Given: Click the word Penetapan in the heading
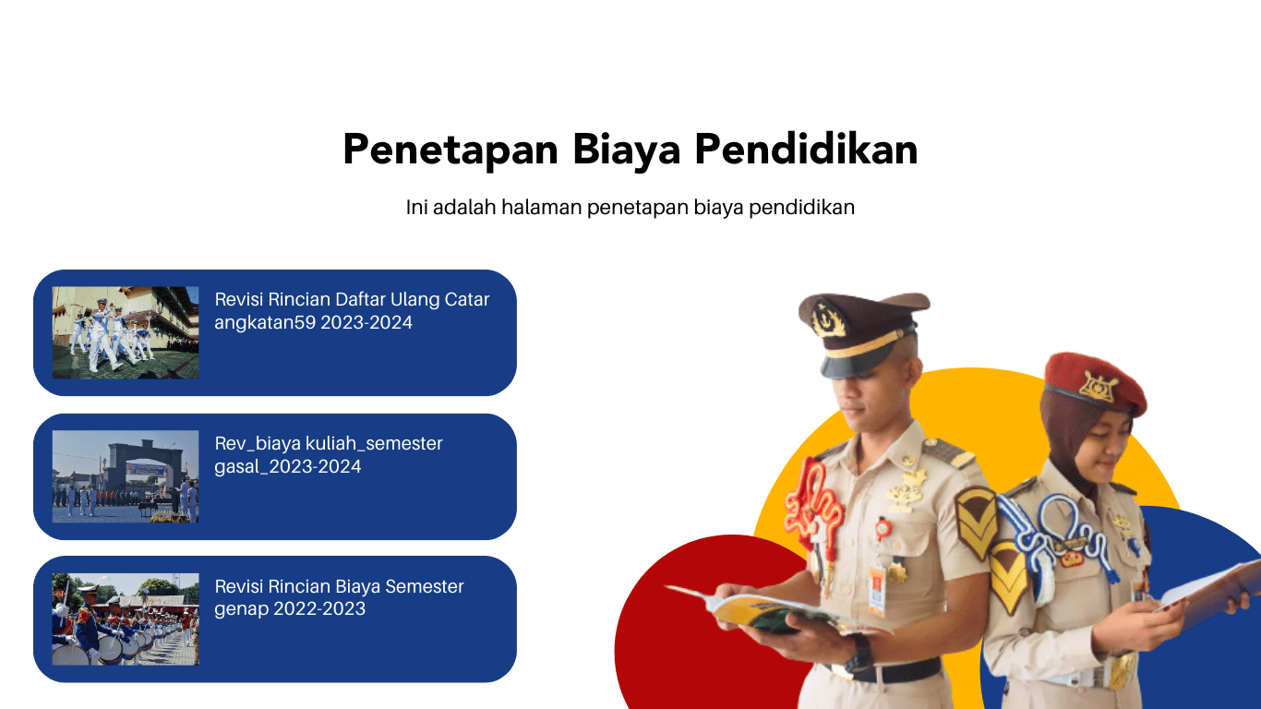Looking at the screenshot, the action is pyautogui.click(x=450, y=150).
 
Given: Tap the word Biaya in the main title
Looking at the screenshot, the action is pyautogui.click(x=627, y=150).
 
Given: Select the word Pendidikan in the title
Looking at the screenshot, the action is pyautogui.click(x=806, y=149).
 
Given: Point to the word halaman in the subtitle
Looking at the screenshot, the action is pyautogui.click(x=541, y=207).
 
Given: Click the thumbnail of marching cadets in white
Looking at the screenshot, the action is pyautogui.click(x=126, y=332).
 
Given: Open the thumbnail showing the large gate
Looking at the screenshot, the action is pyautogui.click(x=126, y=476).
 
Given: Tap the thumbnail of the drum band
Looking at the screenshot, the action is pyautogui.click(x=126, y=619).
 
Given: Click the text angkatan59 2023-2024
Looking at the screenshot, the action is pyautogui.click(x=314, y=323).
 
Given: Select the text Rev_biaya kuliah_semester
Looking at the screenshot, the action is pyautogui.click(x=329, y=444).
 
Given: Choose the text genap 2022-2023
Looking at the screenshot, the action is pyautogui.click(x=290, y=608).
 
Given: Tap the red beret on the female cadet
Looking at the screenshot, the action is pyautogui.click(x=1095, y=384).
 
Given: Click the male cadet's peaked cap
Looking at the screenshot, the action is pyautogui.click(x=862, y=333).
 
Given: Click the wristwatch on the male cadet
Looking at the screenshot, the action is pyautogui.click(x=859, y=654).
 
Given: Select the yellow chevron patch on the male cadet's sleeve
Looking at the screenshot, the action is pyautogui.click(x=977, y=523).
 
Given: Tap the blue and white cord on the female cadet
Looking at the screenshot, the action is pyautogui.click(x=1052, y=541).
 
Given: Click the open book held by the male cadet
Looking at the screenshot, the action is pyautogui.click(x=777, y=611).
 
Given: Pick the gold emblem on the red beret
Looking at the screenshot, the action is pyautogui.click(x=1099, y=387).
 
